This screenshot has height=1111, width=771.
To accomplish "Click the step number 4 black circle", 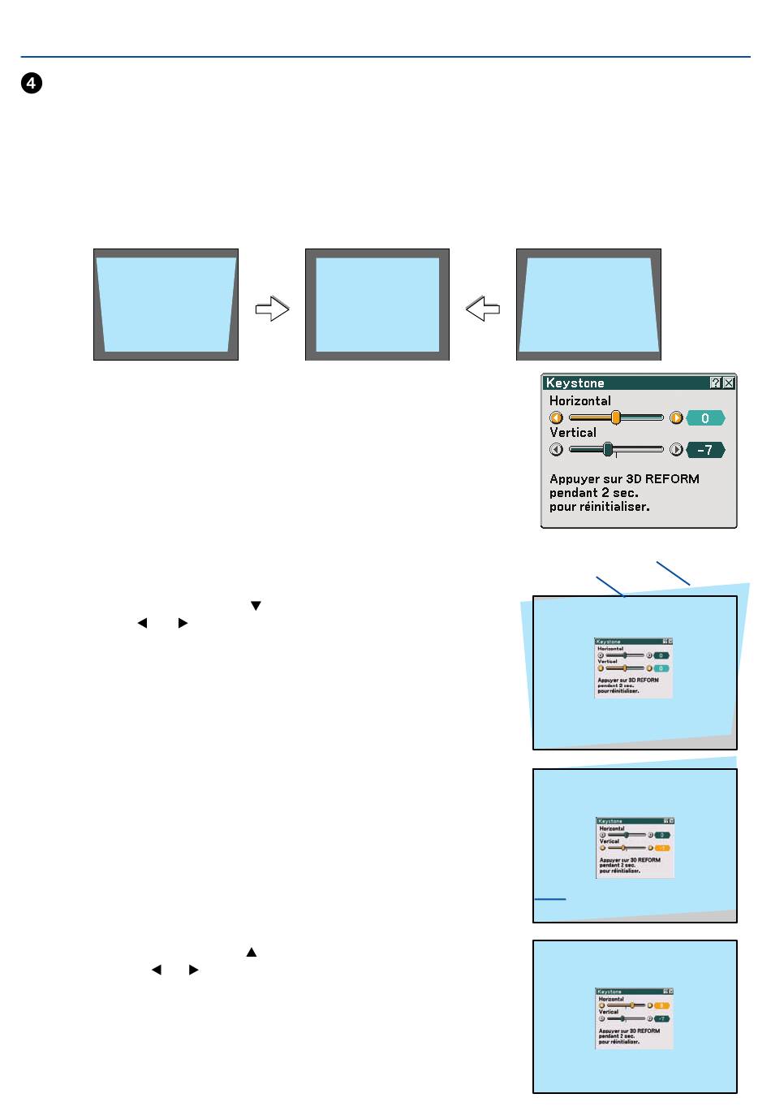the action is click(x=32, y=84).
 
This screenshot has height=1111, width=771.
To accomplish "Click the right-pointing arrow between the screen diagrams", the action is click(x=272, y=309).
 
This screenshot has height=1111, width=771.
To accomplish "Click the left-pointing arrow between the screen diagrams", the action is click(x=483, y=309).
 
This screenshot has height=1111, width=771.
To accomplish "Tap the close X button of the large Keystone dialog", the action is click(x=729, y=383).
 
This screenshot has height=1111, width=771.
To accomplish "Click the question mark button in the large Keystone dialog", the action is click(x=715, y=383).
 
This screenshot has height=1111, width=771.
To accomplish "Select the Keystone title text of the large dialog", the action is click(x=575, y=383).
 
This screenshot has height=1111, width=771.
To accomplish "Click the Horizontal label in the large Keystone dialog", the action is click(x=579, y=400).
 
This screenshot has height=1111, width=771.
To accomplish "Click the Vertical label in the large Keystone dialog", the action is click(x=573, y=433).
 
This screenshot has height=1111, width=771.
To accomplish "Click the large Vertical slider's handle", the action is click(x=608, y=450).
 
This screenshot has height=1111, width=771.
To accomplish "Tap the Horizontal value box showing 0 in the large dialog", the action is click(x=704, y=418).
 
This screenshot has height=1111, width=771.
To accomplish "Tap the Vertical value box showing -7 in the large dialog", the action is click(x=704, y=450).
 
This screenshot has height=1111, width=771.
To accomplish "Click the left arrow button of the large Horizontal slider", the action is click(x=557, y=418).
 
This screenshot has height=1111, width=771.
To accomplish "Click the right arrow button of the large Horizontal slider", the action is click(x=676, y=418).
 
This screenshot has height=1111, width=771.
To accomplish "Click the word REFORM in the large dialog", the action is click(x=672, y=479).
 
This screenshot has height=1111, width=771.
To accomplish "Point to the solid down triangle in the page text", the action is click(x=256, y=606).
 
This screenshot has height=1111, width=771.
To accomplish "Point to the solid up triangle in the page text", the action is click(x=252, y=952).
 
